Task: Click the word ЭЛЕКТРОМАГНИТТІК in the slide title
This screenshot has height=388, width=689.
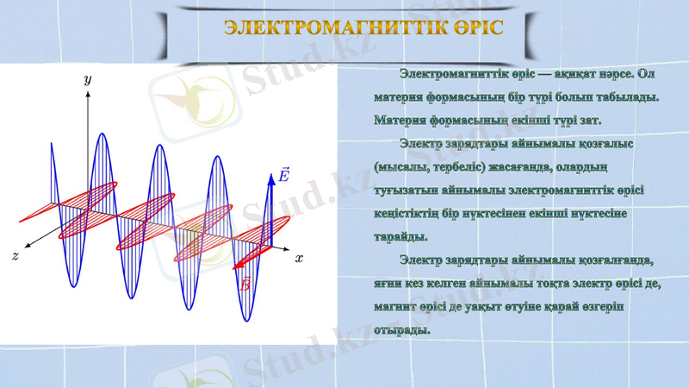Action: (327, 27)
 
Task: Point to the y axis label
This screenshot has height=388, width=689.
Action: (87, 78)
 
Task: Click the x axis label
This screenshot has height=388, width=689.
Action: (299, 258)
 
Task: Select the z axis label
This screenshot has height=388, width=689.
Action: (16, 257)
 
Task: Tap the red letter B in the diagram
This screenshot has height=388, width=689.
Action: (245, 283)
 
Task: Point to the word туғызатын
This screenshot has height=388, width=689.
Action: (406, 190)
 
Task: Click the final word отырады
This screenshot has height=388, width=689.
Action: (401, 329)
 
